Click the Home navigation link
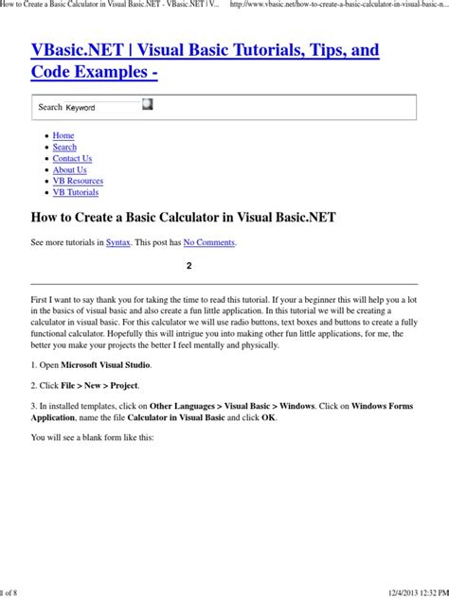coord(63,135)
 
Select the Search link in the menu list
coord(64,147)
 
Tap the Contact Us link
coord(72,158)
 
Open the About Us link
coord(69,169)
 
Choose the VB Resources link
coord(78,181)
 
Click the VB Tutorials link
coord(75,192)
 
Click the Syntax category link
coord(118,242)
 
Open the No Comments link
coord(208,242)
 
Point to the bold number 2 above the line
coord(189,266)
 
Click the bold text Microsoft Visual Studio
coord(106,364)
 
